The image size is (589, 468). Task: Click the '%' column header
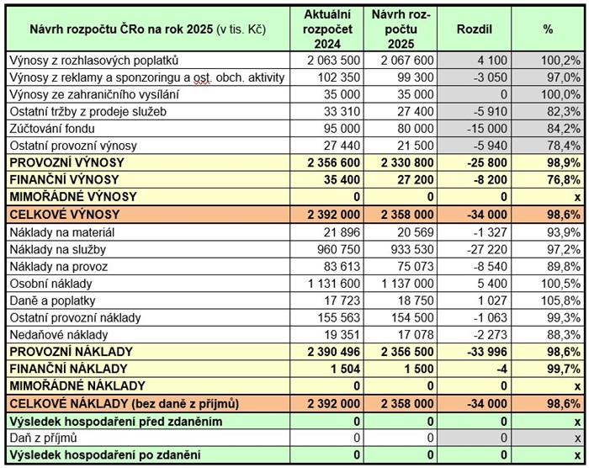point(548,29)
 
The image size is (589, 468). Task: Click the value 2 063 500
point(334,61)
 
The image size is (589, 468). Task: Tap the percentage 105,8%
point(562,300)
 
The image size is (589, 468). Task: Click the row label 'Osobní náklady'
point(50,283)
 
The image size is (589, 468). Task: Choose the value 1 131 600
point(334,283)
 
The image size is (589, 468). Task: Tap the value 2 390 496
point(334,351)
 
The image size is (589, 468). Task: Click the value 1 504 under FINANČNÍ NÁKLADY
point(346,369)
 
